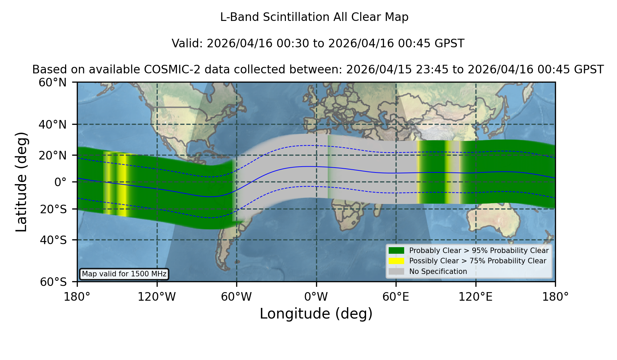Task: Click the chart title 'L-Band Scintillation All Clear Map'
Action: [314, 17]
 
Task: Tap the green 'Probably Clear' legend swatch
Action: [396, 251]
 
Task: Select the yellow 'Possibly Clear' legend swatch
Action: [396, 261]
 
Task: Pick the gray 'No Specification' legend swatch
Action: [396, 272]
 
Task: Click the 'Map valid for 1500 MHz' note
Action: [124, 274]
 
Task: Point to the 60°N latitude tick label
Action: [52, 83]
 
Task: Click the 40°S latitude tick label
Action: [53, 240]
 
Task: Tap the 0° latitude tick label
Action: [60, 182]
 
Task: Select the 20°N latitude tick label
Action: [52, 155]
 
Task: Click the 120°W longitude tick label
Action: [157, 297]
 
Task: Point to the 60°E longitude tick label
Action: [396, 297]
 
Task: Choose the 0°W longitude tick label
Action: [316, 297]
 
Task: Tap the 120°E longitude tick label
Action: [475, 297]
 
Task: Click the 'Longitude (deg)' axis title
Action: [316, 314]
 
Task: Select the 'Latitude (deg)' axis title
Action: [21, 182]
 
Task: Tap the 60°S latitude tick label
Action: [53, 282]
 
